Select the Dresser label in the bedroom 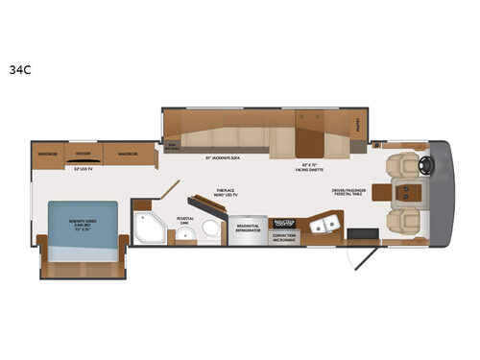pos(84,153)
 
